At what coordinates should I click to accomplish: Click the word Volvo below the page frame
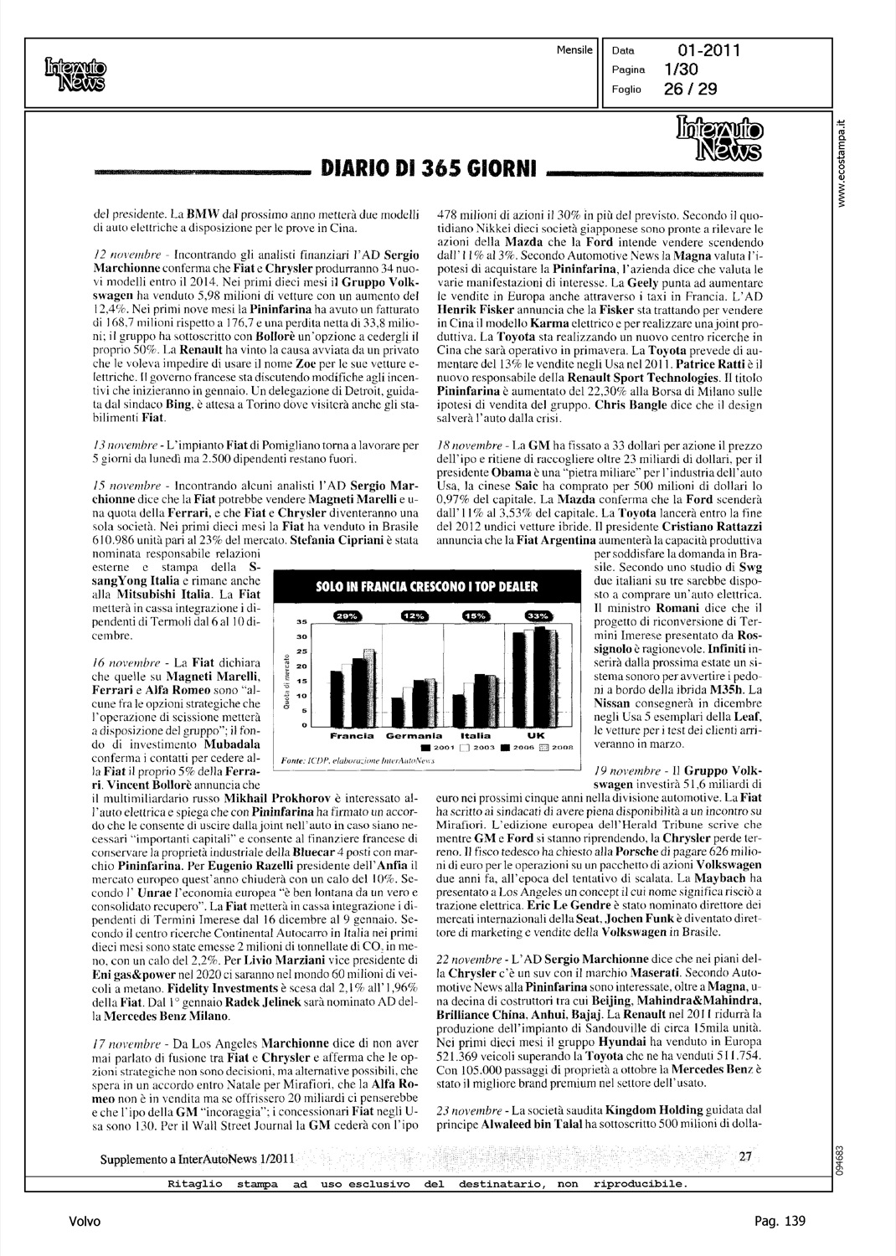coord(85,1222)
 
